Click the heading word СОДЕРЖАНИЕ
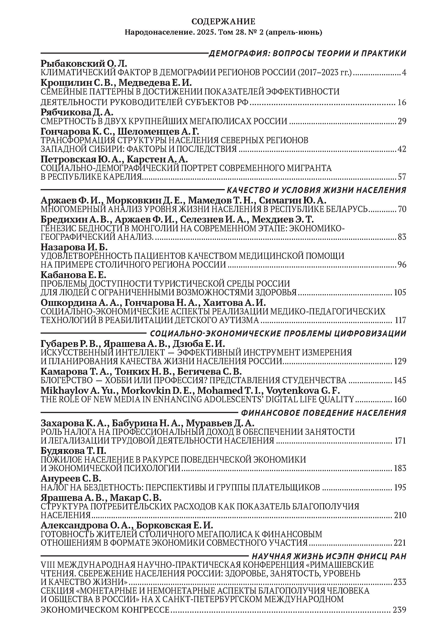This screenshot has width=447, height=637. (x=223, y=21)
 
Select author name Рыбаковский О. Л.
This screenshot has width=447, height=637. (x=84, y=64)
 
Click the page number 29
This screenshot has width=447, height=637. (x=402, y=121)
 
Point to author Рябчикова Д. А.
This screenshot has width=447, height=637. (x=77, y=112)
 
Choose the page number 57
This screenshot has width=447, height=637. (x=402, y=177)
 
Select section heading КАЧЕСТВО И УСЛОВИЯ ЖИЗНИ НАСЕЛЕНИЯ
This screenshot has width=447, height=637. (x=317, y=190)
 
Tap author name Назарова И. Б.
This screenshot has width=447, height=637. (x=74, y=247)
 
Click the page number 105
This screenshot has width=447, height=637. (x=400, y=292)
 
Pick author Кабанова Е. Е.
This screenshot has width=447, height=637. (x=73, y=275)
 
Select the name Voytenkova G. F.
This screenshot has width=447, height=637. (x=303, y=390)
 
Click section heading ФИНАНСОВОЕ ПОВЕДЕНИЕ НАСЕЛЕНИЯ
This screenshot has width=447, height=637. (x=324, y=413)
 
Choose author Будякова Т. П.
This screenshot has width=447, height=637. (x=73, y=450)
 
